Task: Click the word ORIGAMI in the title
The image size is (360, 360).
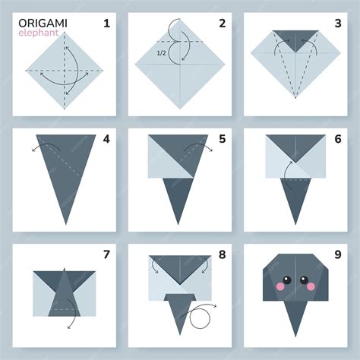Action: tap(43, 24)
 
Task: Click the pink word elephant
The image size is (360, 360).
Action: tap(39, 33)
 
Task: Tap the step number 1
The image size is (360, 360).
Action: tap(106, 24)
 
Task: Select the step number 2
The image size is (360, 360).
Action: tap(222, 24)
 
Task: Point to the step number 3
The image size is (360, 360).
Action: tap(338, 24)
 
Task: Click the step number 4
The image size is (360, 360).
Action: tap(106, 139)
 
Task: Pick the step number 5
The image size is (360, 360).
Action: tap(222, 139)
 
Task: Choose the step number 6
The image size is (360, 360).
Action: tap(338, 139)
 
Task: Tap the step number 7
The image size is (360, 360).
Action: tap(106, 254)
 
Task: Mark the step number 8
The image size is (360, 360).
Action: tap(222, 254)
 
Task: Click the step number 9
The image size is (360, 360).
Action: tap(338, 254)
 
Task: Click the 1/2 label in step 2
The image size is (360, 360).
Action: tap(161, 53)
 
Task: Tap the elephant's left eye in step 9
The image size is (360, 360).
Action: tap(287, 280)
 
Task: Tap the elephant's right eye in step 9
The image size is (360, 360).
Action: tap(304, 280)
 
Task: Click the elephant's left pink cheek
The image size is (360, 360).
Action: tap(280, 286)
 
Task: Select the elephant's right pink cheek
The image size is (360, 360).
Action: tap(311, 286)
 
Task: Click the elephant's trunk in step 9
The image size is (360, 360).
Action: tap(295, 314)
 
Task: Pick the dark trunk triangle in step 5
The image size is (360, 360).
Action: tap(178, 195)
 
